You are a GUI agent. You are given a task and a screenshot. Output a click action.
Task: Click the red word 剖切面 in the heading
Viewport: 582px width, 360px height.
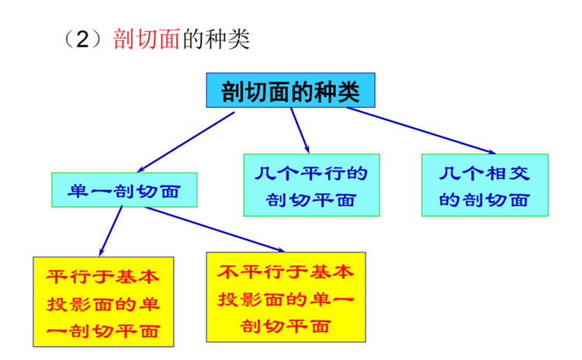146,39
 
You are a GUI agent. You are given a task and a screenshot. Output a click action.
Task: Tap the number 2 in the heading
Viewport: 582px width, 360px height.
82,39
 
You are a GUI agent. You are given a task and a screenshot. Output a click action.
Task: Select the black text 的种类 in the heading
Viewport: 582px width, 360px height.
217,39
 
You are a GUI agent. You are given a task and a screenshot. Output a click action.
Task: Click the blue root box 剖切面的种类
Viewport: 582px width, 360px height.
291,90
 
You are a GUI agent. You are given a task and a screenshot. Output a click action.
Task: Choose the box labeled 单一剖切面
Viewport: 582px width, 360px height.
124,189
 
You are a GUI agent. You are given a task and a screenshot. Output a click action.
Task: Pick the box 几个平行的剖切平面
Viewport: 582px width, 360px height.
312,185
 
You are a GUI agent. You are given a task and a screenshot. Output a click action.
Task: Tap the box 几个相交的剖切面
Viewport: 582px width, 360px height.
485,185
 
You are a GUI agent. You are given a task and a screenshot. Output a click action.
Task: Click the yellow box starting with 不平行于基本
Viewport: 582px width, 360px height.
286,297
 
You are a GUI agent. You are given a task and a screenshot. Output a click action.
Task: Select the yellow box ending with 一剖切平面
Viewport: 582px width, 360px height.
103,302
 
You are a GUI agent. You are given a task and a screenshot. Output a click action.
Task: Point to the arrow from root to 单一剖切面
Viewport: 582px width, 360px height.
185,142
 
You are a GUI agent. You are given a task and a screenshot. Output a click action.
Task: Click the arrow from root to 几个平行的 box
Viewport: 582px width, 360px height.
300,130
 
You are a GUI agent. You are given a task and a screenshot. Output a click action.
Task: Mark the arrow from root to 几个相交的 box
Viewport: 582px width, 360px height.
421,130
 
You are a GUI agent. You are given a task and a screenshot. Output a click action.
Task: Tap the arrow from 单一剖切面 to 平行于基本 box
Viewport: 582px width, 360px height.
111,231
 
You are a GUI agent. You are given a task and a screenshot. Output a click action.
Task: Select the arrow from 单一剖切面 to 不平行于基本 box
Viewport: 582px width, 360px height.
214,230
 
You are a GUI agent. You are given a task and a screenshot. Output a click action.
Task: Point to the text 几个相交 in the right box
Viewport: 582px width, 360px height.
484,174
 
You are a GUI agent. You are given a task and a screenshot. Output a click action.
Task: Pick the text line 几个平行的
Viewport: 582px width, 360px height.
311,174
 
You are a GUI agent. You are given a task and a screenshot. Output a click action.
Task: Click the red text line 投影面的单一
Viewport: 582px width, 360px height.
286,299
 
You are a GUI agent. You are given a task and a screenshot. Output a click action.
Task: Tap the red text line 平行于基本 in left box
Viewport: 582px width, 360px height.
102,276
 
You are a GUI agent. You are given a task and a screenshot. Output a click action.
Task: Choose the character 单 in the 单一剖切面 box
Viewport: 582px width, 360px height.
78,191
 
